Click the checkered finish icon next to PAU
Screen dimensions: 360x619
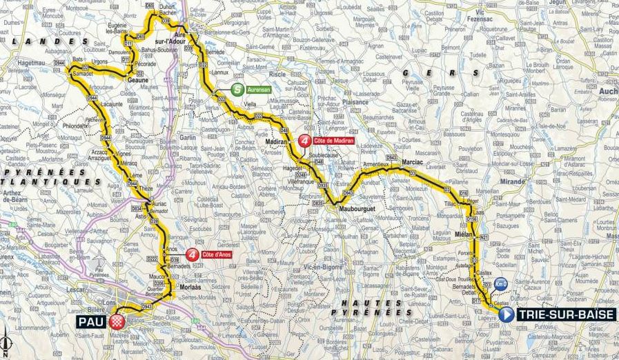click(117, 321)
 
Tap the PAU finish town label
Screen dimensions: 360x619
click(95, 321)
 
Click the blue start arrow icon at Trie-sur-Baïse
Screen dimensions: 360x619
click(506, 315)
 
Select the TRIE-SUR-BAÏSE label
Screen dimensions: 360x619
click(566, 315)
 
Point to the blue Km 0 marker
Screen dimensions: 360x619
click(501, 283)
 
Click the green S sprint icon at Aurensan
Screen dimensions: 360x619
click(237, 89)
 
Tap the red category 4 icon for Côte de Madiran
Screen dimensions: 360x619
click(304, 141)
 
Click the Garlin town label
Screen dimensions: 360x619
click(188, 137)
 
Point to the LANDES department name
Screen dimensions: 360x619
click(55, 41)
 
